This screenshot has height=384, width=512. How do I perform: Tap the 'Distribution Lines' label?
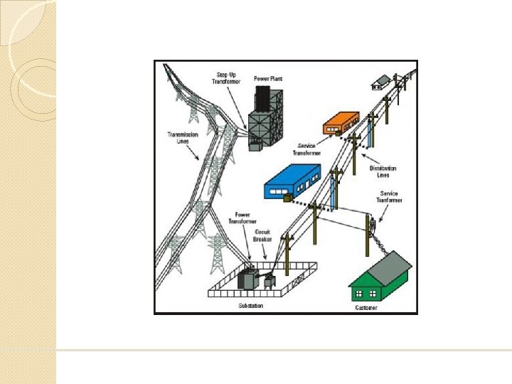(x=383, y=171)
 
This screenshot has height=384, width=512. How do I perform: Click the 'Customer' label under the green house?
(x=366, y=308)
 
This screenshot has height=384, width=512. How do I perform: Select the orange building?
(x=341, y=122)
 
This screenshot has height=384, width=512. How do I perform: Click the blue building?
(x=291, y=183)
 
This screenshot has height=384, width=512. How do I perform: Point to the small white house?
(x=380, y=82)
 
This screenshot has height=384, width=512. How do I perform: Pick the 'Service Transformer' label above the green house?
(x=388, y=197)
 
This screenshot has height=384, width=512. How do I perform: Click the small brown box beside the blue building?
(x=288, y=198)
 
